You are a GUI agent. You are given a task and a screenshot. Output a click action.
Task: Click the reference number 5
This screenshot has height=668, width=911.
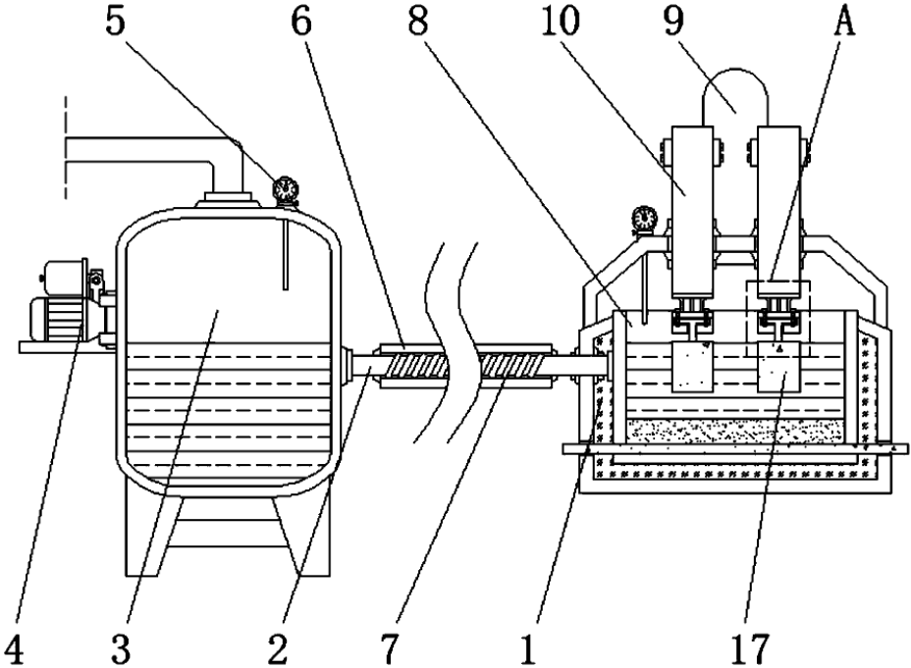pos(115,21)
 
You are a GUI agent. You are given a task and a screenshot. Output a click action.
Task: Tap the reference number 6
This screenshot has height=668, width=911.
pos(301,21)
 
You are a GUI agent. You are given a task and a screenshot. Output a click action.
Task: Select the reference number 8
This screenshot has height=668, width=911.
pos(418,21)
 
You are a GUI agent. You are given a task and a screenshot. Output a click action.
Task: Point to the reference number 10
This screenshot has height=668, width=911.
pos(561,21)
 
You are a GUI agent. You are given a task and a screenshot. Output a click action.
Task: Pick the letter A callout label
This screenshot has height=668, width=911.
pos(844,21)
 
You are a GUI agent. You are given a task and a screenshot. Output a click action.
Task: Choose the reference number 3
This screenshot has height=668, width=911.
pos(121,648)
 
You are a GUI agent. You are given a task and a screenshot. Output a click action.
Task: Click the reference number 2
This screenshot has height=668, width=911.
pos(278,648)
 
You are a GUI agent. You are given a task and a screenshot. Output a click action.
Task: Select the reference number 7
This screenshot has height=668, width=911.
pos(390,648)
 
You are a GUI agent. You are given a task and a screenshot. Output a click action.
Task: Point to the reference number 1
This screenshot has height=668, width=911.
pos(527,648)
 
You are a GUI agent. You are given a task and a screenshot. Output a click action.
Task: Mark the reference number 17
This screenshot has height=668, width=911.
pos(749,648)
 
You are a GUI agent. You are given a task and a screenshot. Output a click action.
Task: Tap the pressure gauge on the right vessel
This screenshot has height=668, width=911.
pos(644,219)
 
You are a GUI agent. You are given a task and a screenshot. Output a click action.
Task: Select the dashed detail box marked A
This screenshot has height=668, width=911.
pos(777,318)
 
